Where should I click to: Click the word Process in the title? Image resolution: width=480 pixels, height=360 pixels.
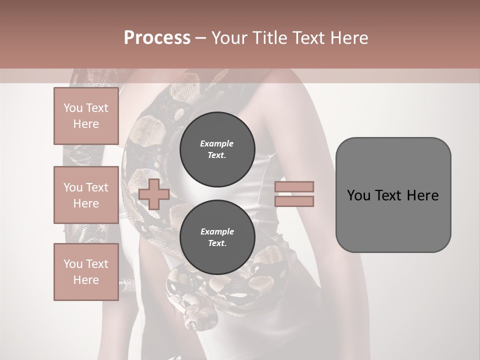[157, 38]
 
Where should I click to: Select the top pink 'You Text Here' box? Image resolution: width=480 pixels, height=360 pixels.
[86, 116]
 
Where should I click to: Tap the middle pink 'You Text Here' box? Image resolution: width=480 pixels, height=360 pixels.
[86, 195]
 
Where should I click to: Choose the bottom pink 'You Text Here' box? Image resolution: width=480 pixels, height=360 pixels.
[86, 272]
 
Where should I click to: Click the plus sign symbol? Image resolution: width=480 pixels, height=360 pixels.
[154, 194]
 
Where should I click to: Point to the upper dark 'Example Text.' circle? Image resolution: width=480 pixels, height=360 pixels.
[217, 149]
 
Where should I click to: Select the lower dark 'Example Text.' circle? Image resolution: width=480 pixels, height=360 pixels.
[217, 237]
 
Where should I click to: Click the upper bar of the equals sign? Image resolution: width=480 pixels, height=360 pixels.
[294, 186]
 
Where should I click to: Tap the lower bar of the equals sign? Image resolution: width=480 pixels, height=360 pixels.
[294, 201]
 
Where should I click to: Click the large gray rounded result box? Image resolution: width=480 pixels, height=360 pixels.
[393, 195]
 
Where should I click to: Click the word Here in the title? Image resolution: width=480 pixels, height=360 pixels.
[348, 38]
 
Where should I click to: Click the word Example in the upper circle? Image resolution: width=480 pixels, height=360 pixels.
[217, 143]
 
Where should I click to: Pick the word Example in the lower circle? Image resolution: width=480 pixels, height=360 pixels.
[217, 231]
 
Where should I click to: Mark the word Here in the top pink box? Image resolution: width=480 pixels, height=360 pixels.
[86, 124]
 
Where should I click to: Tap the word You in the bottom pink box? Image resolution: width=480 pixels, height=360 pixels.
[73, 264]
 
